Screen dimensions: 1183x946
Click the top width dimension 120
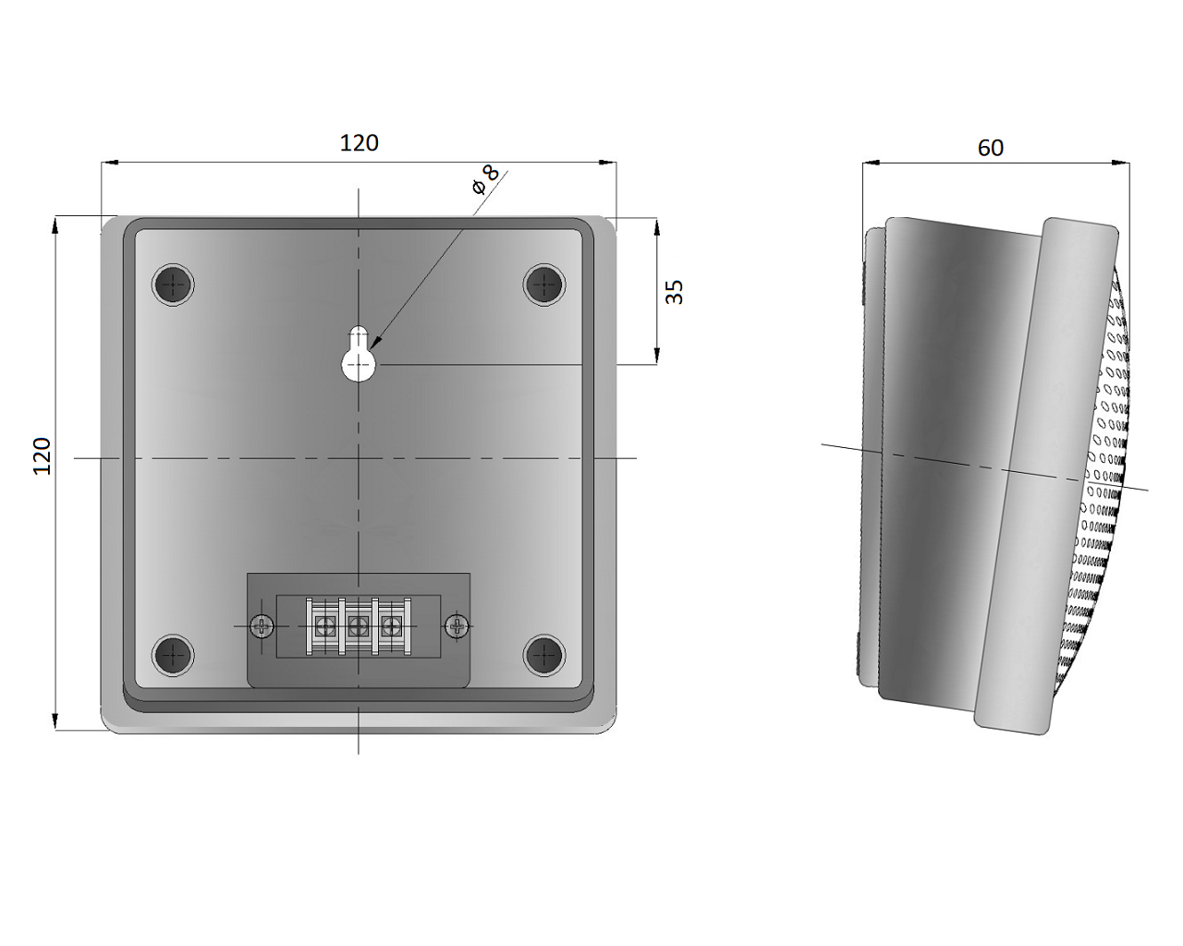pos(359,143)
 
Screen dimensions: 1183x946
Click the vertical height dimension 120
pos(43,456)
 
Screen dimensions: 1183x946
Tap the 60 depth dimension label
pos(991,148)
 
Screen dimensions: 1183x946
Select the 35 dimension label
pos(675,292)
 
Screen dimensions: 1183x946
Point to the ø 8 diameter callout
pos(485,180)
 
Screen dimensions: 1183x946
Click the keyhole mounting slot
pos(359,355)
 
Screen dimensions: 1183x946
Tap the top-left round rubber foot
pos(173,285)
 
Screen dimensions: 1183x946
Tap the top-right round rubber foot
pos(544,285)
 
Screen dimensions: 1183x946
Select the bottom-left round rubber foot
pos(173,655)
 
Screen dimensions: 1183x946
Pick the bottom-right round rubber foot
pos(544,655)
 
